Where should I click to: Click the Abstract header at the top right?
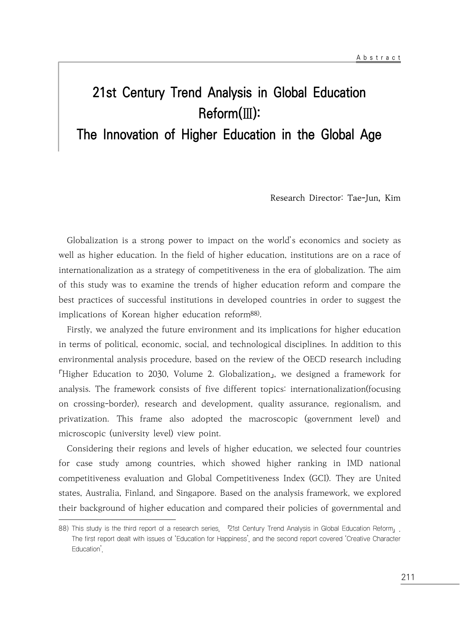[378, 58]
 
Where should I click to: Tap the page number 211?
[408, 577]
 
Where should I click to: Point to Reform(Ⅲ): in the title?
[229, 114]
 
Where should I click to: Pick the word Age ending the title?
[370, 135]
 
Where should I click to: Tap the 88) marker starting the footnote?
[64, 529]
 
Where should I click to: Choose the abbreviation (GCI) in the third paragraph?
[319, 478]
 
